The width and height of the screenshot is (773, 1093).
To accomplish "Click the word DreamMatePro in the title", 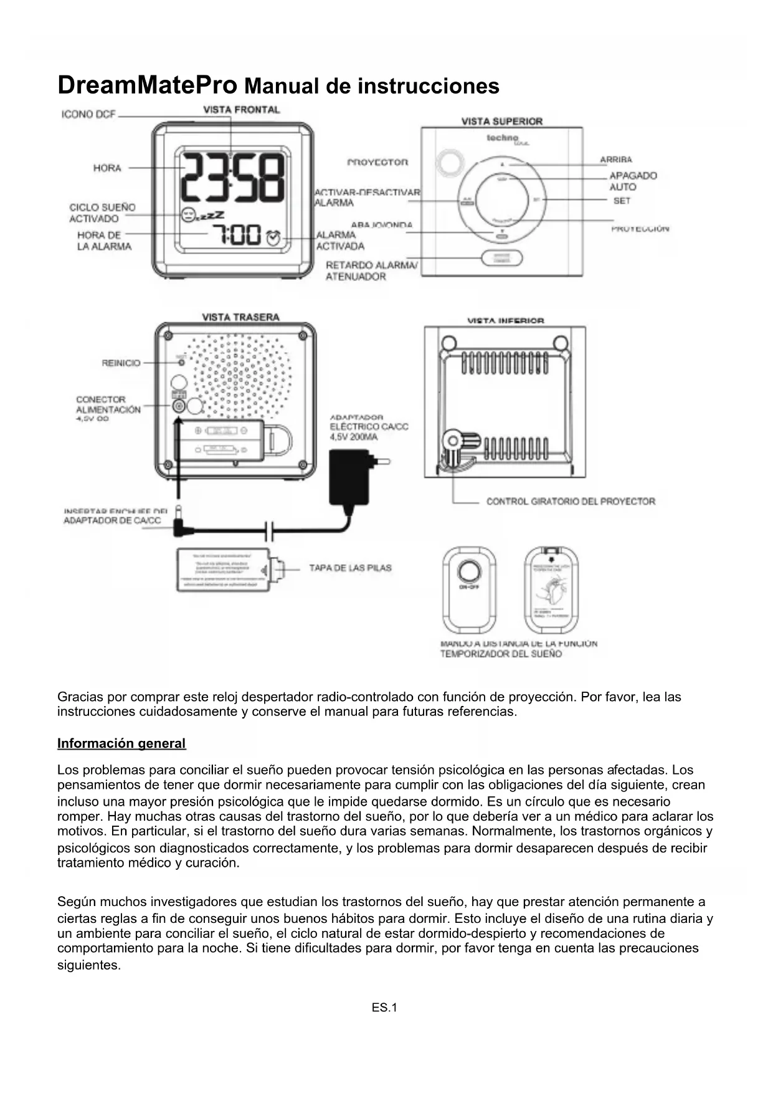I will [147, 85].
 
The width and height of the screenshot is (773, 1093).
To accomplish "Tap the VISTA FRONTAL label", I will [242, 110].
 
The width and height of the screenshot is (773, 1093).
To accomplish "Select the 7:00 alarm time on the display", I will [237, 235].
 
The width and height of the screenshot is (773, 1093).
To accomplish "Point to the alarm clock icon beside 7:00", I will [273, 237].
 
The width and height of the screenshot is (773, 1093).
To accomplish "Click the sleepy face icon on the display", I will [187, 216].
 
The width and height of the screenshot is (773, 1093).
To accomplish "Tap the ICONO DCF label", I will [89, 115].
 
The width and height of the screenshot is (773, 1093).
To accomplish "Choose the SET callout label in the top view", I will [622, 201].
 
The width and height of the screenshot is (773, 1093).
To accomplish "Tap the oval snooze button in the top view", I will [501, 258].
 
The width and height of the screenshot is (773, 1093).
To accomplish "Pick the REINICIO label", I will [121, 363].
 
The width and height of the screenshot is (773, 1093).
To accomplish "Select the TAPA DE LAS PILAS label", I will [350, 568].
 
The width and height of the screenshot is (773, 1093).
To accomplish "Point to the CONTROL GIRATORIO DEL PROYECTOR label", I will [571, 501].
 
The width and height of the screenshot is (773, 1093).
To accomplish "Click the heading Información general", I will [121, 743].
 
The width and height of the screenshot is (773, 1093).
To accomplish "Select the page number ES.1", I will [384, 1008].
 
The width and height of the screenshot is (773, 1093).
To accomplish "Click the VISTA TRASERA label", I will [241, 317].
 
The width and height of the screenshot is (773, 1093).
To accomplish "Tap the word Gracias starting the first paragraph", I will [80, 697].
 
